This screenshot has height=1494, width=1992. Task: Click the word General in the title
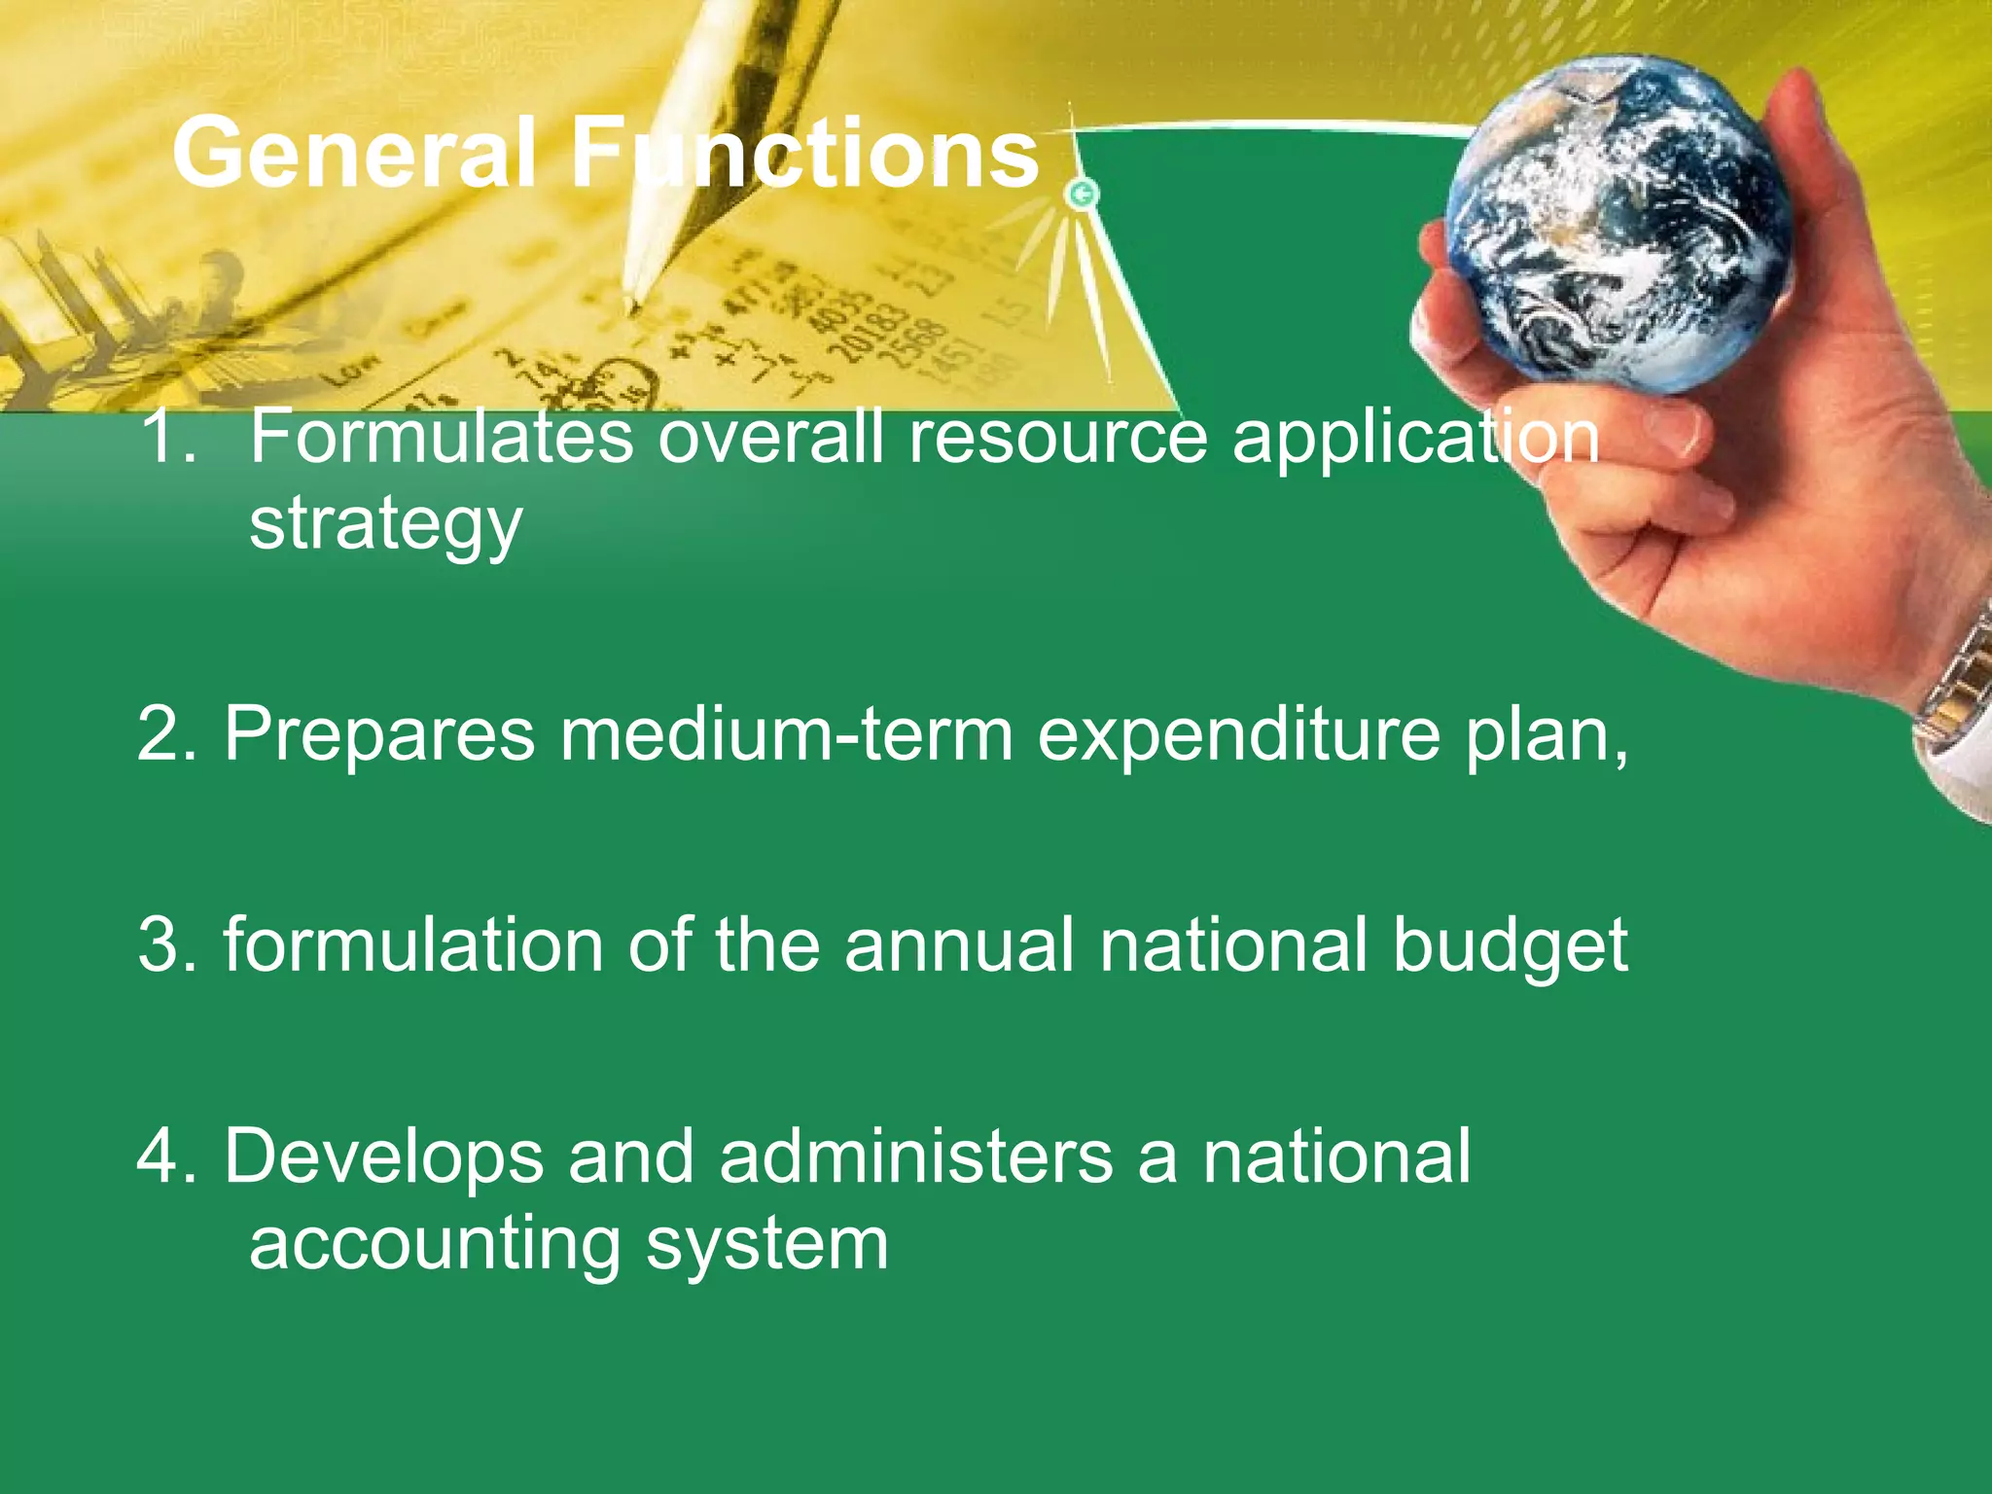tap(355, 154)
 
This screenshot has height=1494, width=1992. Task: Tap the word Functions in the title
tap(805, 154)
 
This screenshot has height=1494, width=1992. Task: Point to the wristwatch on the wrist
tap(1955, 681)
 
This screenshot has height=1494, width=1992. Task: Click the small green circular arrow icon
tap(1082, 195)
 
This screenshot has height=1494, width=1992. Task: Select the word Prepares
tap(379, 733)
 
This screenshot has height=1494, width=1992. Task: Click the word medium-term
tap(786, 733)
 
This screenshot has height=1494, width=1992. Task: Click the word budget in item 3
tap(1510, 946)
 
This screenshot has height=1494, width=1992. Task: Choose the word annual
tap(959, 944)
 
